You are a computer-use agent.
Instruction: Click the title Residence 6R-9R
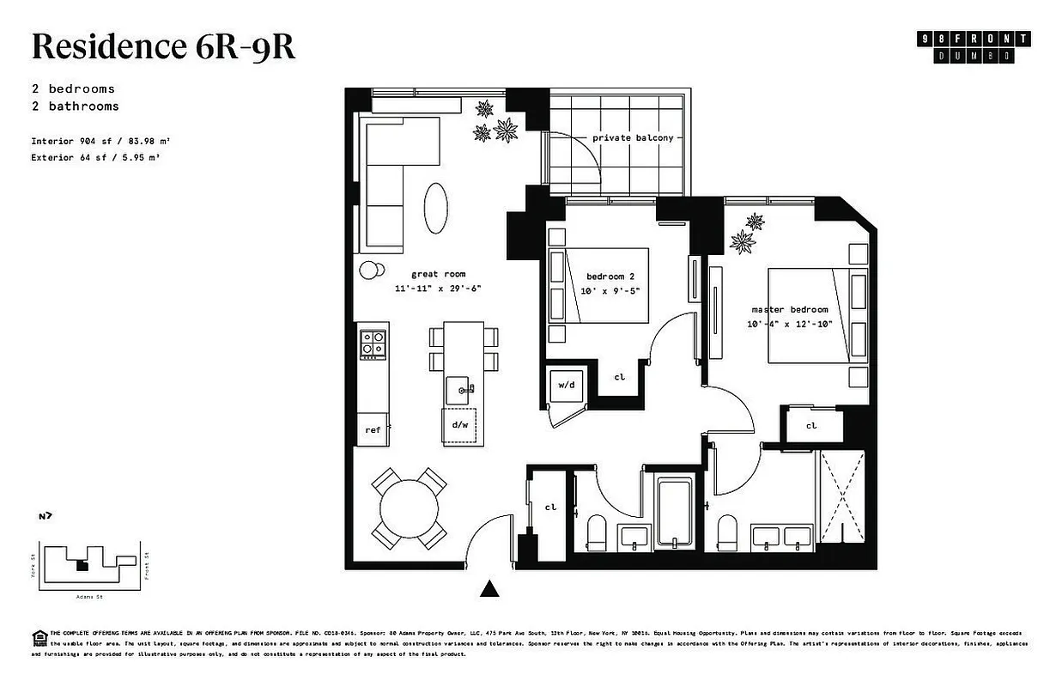(x=163, y=47)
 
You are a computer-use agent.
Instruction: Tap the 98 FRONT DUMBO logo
(x=974, y=46)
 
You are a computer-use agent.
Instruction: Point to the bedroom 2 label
(x=610, y=277)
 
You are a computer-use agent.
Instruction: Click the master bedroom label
(x=789, y=309)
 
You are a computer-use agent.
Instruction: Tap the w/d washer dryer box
(x=567, y=386)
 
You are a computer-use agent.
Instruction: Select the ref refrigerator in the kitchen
(x=373, y=429)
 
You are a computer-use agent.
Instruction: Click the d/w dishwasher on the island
(x=458, y=424)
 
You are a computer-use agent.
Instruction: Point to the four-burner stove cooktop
(x=373, y=343)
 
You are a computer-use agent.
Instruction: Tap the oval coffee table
(x=436, y=206)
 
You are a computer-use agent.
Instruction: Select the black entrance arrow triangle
(x=489, y=588)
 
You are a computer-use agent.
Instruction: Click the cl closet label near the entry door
(x=550, y=507)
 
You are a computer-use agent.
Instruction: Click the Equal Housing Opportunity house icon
(x=39, y=636)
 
